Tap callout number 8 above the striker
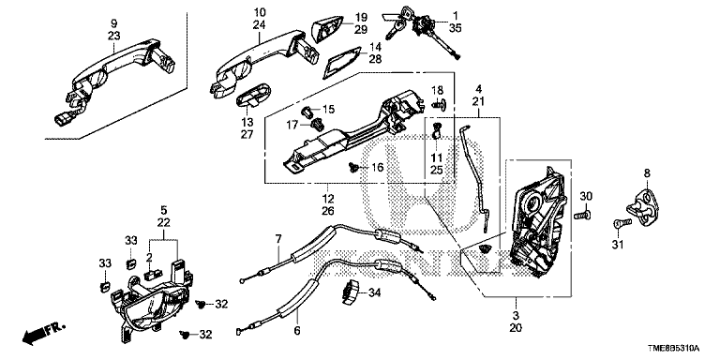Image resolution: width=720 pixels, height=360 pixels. pyautogui.click(x=647, y=173)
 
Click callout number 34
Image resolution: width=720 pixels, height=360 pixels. pyautogui.click(x=375, y=292)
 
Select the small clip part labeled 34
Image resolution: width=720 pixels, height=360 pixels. pyautogui.click(x=352, y=292)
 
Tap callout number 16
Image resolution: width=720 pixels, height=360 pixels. pyautogui.click(x=377, y=168)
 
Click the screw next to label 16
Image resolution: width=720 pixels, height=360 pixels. pyautogui.click(x=353, y=167)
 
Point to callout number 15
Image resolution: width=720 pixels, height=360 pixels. pyautogui.click(x=329, y=110)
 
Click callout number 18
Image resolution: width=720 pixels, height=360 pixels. pyautogui.click(x=437, y=90)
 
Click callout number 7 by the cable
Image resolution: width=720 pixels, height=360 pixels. pyautogui.click(x=277, y=239)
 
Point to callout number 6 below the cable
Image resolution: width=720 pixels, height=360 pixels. pyautogui.click(x=296, y=330)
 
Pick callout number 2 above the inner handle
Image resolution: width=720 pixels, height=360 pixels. pyautogui.click(x=149, y=259)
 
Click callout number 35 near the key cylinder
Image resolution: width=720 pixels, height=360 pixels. pyautogui.click(x=455, y=28)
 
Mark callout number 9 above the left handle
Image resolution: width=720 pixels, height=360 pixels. pyautogui.click(x=113, y=22)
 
